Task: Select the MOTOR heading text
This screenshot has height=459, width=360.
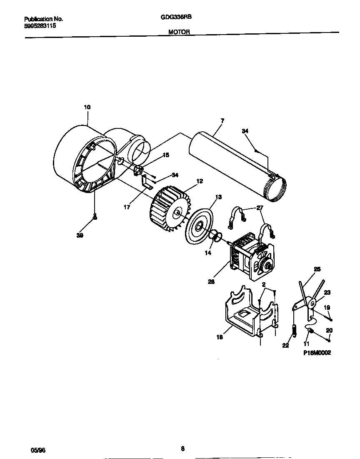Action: point(180,31)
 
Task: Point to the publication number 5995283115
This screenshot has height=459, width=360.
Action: point(40,26)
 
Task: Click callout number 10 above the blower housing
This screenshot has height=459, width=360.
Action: point(87,107)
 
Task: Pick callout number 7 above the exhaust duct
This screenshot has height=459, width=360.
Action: point(222,120)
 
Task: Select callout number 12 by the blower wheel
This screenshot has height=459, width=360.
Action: point(200,181)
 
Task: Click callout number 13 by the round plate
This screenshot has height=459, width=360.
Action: point(218,197)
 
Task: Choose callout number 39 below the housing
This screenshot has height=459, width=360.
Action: point(80,236)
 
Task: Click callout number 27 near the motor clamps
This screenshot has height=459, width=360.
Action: point(260,207)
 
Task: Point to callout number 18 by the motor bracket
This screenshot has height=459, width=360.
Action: point(219,337)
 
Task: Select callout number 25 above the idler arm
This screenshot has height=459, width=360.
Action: point(317,269)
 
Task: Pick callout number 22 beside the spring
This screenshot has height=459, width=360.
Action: point(285,345)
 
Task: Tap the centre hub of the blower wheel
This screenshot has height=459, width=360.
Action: point(178,214)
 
